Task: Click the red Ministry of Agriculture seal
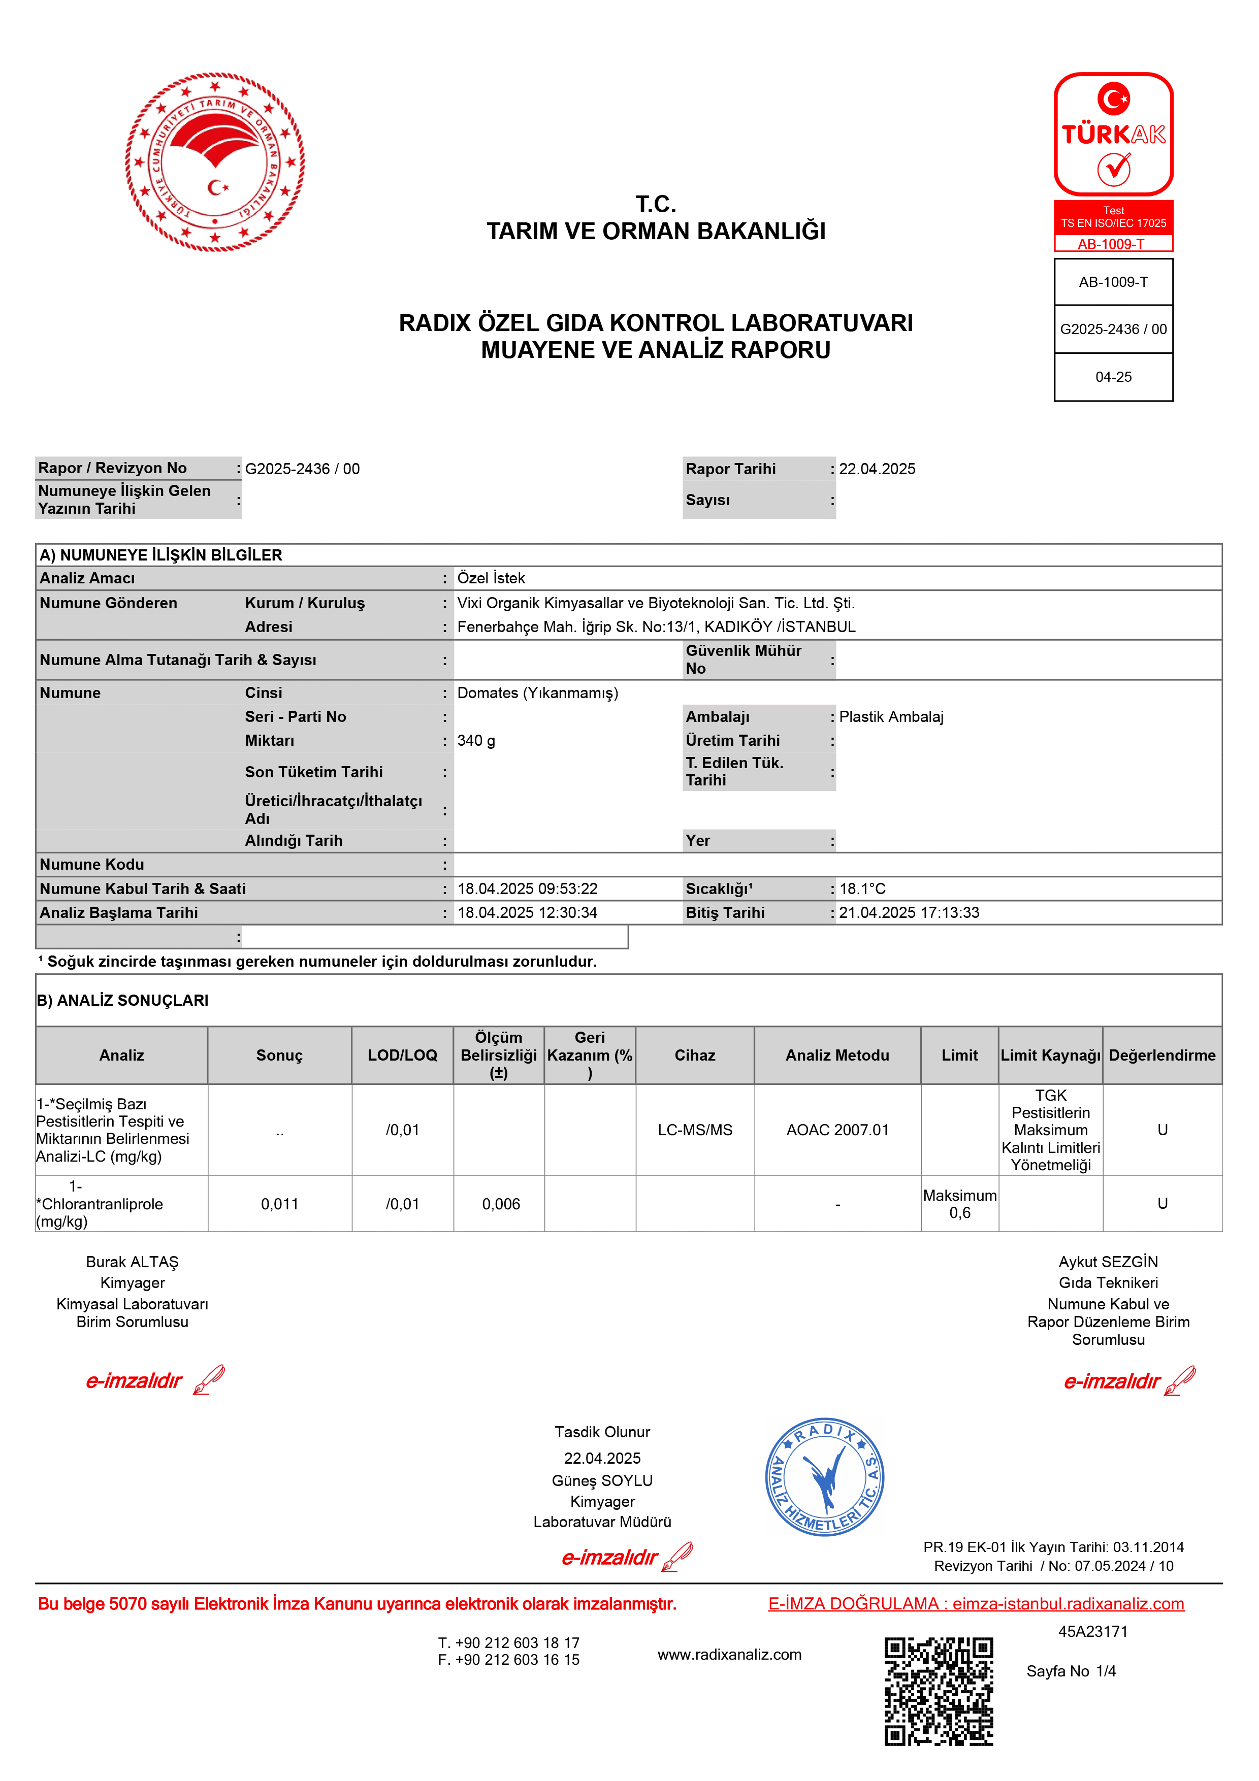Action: (215, 162)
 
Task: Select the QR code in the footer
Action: (939, 1691)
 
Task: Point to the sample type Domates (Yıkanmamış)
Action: (538, 692)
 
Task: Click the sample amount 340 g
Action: (476, 741)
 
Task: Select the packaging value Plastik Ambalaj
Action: (891, 717)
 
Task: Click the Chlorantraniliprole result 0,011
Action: (279, 1204)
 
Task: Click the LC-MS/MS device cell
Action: (695, 1130)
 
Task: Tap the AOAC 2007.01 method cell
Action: (837, 1130)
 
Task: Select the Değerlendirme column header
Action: (1162, 1055)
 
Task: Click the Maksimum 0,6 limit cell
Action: (959, 1204)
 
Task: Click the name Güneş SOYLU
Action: (602, 1480)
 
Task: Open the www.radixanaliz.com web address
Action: (729, 1655)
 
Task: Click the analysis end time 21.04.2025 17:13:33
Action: (909, 913)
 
